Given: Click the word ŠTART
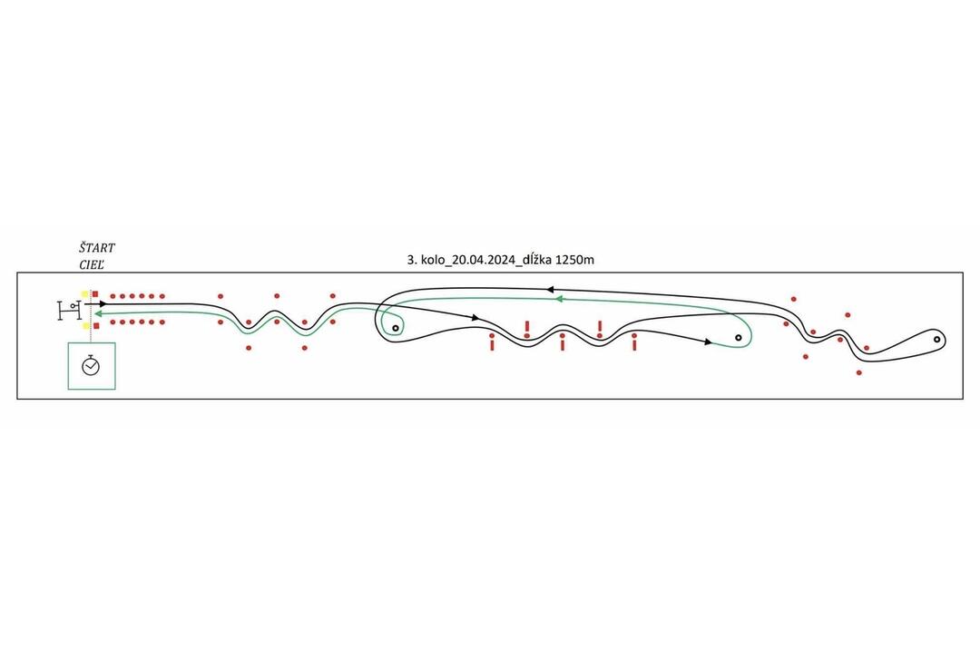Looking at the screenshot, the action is point(97,248).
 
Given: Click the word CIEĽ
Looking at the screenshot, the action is point(92,264).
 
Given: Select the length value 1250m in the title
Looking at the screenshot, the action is point(574,260).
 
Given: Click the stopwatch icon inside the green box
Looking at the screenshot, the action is point(91,365).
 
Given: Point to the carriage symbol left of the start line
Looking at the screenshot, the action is point(69,311).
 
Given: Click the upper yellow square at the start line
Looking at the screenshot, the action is point(85,293).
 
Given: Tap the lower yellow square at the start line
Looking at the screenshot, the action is point(85,325).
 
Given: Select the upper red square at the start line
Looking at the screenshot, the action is point(95,293).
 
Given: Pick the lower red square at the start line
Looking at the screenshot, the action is point(95,325).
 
